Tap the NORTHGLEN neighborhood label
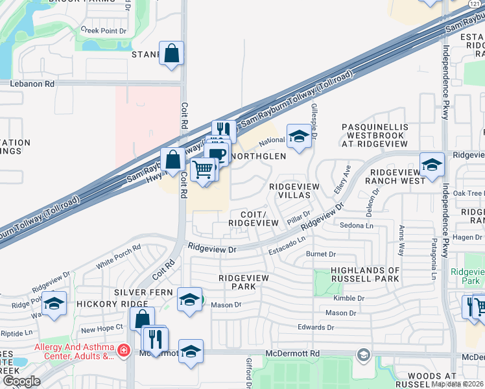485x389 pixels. click(258, 156)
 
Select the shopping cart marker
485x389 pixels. click(204, 170)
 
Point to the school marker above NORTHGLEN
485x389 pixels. click(298, 137)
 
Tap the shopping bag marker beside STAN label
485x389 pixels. click(171, 54)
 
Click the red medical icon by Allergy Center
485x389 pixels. click(123, 351)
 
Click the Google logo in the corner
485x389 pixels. click(21, 381)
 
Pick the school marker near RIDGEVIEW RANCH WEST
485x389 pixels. click(431, 165)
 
